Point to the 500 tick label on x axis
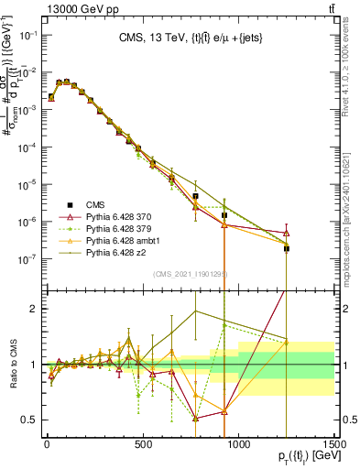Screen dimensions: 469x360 coord(143,444)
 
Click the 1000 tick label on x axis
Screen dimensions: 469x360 coord(238,444)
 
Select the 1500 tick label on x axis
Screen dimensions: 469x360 coord(334,444)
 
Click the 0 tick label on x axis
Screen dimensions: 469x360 coord(47,444)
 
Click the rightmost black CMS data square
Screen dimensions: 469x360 coord(287,248)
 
